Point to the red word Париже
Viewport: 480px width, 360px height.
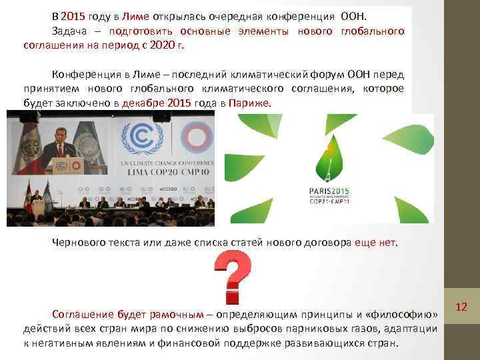(x=249, y=103)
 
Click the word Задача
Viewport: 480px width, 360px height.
(x=70, y=31)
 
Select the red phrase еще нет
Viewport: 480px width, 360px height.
(x=378, y=243)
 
